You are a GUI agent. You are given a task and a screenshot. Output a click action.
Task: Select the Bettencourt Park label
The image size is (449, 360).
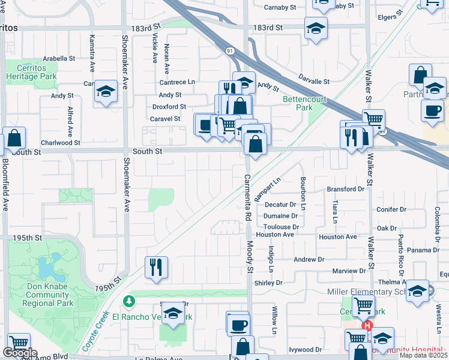298,103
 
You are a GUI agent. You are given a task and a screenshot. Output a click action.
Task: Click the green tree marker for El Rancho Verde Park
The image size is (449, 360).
127,300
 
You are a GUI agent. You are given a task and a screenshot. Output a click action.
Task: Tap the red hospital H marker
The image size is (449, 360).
367,326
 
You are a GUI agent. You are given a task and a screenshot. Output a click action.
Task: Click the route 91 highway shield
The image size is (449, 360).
230,52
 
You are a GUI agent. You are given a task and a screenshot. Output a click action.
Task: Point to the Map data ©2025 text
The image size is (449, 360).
422,355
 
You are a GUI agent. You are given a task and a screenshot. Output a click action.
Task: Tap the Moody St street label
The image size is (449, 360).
250,257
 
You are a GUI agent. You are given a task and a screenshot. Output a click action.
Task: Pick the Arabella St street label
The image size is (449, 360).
58,59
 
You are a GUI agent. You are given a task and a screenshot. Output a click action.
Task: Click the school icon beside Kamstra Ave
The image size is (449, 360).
106,92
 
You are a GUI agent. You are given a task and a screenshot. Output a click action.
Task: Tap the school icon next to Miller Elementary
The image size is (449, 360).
417,291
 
